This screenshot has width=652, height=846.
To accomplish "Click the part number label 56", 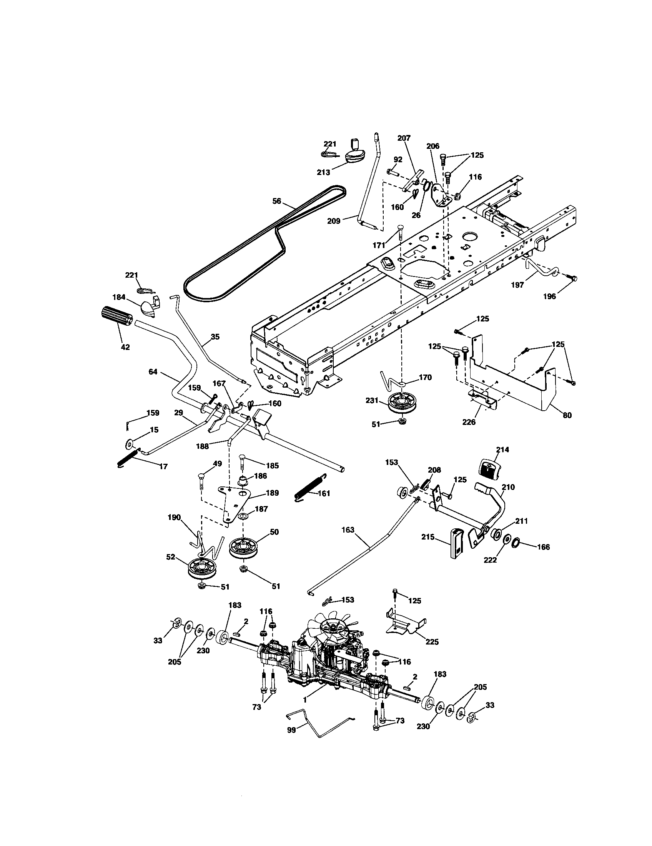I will point(277,201).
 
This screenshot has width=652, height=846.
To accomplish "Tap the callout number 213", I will point(323,172).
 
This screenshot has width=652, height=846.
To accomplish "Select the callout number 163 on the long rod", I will point(348,530).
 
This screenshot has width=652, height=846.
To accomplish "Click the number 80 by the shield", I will point(567,416).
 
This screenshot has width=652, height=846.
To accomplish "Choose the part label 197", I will point(517,285).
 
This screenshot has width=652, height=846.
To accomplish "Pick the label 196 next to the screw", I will point(549,296).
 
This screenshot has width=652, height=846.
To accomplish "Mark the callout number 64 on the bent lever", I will point(153,372).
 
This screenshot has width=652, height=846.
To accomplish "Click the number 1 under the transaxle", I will point(305,700).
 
